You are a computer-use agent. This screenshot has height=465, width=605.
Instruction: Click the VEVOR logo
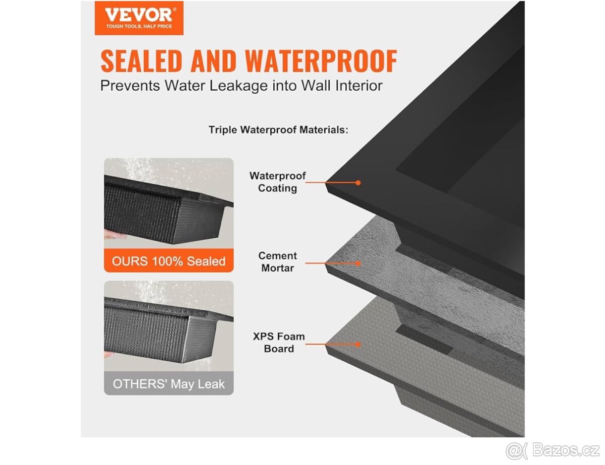(139, 18)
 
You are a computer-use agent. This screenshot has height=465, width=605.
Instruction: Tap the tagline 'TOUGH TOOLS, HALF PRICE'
(139, 26)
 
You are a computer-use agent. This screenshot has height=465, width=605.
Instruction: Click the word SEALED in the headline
(141, 61)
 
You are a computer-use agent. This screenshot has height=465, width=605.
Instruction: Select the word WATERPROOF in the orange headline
(321, 61)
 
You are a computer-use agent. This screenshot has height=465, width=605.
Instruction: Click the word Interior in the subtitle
(358, 85)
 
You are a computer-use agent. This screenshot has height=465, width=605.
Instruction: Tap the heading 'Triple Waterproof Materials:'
(278, 130)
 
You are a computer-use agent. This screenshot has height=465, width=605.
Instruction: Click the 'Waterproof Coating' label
(278, 182)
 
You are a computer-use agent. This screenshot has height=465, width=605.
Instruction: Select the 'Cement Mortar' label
(278, 261)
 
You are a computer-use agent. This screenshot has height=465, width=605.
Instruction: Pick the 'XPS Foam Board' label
(279, 343)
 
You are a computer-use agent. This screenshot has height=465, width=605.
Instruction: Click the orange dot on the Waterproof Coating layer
(358, 183)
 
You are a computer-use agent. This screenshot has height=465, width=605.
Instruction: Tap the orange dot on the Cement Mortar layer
(358, 263)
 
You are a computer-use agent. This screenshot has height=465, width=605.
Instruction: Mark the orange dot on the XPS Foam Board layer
(358, 345)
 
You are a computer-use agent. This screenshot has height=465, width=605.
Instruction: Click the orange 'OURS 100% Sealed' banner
(169, 260)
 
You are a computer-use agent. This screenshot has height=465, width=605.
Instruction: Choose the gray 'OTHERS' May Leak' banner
(169, 383)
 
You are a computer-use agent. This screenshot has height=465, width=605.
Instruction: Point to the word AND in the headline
(213, 61)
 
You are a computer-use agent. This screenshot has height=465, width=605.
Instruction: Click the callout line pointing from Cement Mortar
(332, 263)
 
